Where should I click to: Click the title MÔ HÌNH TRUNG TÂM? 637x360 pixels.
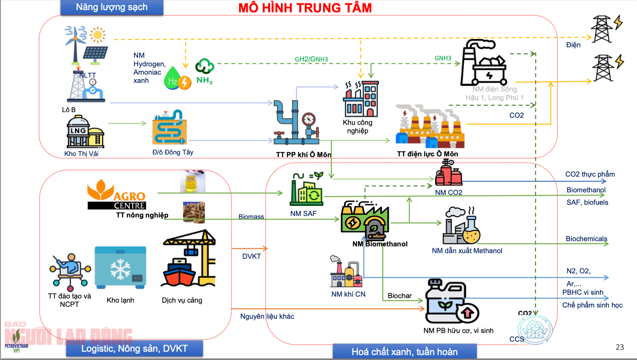pyautogui.click(x=305, y=8)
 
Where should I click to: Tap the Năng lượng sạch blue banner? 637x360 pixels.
pyautogui.click(x=112, y=7)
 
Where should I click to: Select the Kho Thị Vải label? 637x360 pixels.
pyautogui.click(x=81, y=153)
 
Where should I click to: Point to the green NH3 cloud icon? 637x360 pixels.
pyautogui.click(x=204, y=66)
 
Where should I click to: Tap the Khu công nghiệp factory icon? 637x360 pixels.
pyautogui.click(x=361, y=99)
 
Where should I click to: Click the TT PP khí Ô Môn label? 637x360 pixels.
pyautogui.click(x=303, y=154)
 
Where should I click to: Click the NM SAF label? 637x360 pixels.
pyautogui.click(x=303, y=213)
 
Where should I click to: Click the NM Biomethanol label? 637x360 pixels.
pyautogui.click(x=380, y=244)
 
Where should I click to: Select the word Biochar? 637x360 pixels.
pyautogui.click(x=400, y=295)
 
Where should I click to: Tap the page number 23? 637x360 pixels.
pyautogui.click(x=620, y=347)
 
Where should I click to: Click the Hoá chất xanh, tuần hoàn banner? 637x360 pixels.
pyautogui.click(x=404, y=352)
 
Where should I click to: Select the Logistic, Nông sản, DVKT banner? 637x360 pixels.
pyautogui.click(x=134, y=348)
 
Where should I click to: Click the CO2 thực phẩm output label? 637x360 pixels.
pyautogui.click(x=590, y=174)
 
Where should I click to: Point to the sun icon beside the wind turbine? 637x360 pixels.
pyautogui.click(x=98, y=35)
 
